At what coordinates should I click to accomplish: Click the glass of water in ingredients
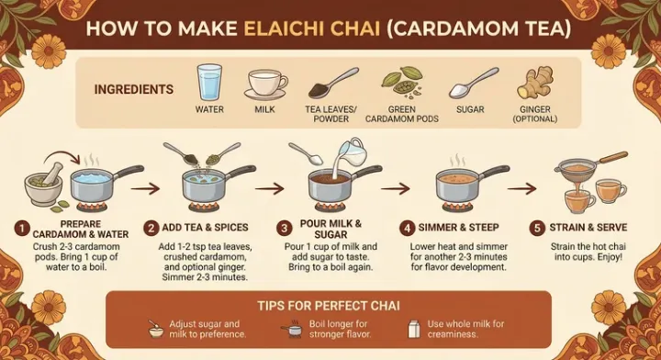click(209, 82)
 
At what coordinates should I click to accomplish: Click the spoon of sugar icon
click(470, 85)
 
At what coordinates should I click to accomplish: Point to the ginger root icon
click(534, 83)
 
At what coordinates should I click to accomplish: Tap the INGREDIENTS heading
click(134, 90)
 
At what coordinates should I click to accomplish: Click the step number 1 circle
click(20, 226)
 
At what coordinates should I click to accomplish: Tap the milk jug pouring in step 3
click(350, 154)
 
